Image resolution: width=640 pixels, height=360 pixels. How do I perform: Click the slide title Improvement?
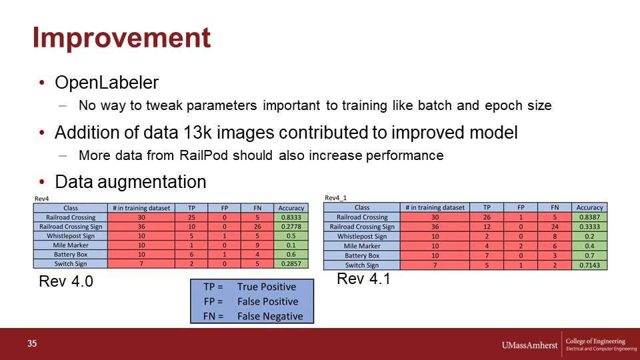(x=121, y=37)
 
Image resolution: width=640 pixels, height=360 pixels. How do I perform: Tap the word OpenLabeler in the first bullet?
(x=107, y=83)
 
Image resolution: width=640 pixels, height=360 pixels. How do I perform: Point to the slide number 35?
(x=32, y=344)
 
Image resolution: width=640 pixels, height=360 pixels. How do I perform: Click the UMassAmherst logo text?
(x=529, y=345)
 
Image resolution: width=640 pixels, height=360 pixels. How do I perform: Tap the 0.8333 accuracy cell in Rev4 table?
(x=291, y=217)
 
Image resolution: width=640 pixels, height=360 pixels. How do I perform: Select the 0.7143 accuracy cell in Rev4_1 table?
(x=589, y=265)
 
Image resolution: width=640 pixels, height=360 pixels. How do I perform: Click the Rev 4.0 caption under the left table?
(x=66, y=281)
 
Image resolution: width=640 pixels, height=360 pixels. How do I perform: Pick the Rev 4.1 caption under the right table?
(x=364, y=279)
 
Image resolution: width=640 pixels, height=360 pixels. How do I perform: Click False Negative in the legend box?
(x=270, y=316)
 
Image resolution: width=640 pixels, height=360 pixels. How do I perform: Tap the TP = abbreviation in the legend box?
(x=213, y=287)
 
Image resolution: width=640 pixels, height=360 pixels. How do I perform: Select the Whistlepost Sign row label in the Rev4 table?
(x=71, y=236)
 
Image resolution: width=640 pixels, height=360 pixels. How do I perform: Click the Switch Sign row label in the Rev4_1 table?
(x=362, y=265)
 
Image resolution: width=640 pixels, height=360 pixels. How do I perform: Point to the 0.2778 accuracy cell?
(x=291, y=227)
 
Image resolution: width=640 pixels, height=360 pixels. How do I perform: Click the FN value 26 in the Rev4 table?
(x=257, y=227)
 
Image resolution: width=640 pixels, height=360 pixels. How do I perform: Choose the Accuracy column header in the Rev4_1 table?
(x=589, y=207)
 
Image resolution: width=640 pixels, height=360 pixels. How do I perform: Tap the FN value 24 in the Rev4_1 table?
(x=555, y=227)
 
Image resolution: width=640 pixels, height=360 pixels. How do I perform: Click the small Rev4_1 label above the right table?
(x=335, y=198)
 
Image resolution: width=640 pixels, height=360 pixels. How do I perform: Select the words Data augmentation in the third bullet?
(x=131, y=182)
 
